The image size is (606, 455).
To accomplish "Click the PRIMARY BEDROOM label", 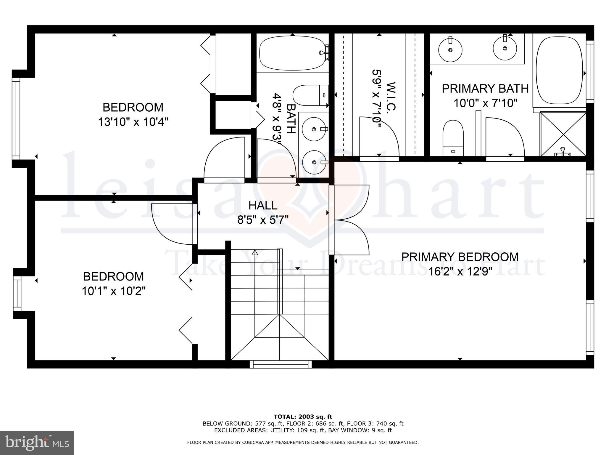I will tap(460, 257).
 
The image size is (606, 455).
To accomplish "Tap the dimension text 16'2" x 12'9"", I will tap(460, 271).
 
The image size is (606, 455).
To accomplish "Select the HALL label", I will tap(263, 205).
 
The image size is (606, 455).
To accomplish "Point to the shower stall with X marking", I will tap(563, 134).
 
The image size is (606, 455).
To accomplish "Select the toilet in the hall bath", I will tap(310, 95).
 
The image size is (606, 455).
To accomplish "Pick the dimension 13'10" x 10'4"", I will tap(133, 122).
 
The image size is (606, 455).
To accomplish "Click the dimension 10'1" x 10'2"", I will tap(114, 291).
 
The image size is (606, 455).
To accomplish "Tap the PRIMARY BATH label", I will tap(485, 89).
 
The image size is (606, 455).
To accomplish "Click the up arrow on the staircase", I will tap(255, 253).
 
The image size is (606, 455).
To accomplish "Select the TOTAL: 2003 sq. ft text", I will tap(303, 417).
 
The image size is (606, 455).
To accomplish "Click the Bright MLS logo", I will tap(37, 443).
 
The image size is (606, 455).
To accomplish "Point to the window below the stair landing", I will tap(281, 364).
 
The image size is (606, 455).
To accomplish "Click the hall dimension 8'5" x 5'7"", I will tap(263, 220).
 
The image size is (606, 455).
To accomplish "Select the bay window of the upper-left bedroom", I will tap(16, 118).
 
